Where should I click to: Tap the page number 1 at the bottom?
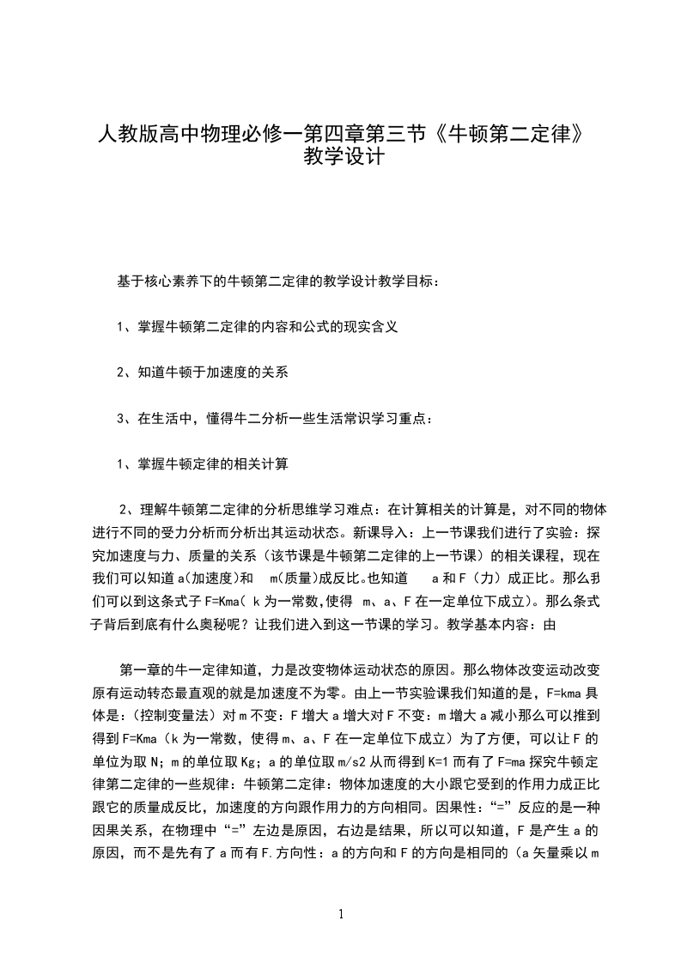click(341, 914)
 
